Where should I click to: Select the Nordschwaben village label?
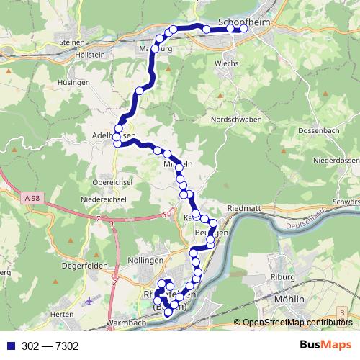[x=234, y=119]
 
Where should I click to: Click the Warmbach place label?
[x=124, y=323]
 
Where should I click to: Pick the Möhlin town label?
[x=290, y=298]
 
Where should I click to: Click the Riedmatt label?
[x=243, y=209]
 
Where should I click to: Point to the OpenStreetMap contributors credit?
[x=297, y=323]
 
